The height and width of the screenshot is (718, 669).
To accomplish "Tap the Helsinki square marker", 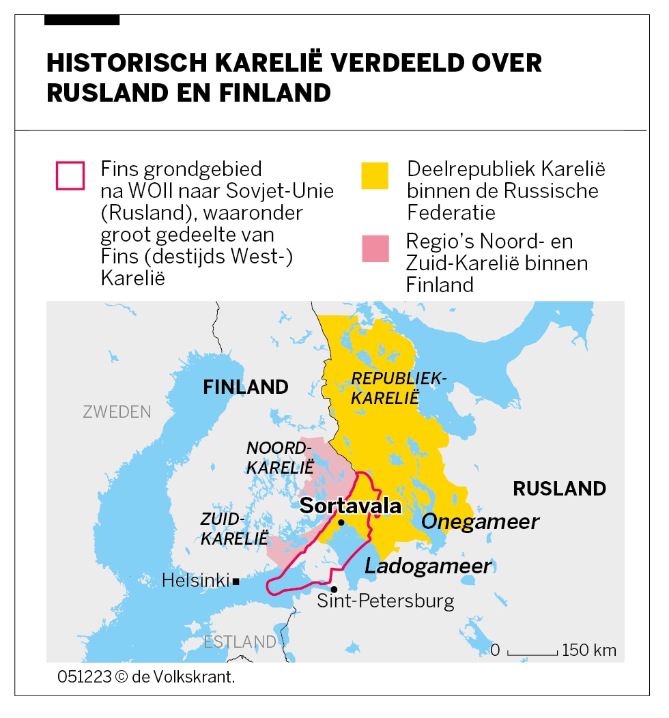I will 236,581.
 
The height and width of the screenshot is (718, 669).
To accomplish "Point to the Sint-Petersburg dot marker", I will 334,589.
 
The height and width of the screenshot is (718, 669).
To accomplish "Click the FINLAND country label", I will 246,387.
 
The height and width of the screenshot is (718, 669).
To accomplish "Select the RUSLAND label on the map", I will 559,489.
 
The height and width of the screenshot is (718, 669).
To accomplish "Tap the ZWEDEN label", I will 117,412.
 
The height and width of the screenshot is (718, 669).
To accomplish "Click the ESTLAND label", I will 240,642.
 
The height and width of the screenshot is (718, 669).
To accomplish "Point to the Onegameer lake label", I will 481,522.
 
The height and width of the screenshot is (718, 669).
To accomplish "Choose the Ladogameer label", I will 428,566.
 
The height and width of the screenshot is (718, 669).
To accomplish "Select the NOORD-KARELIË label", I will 279,458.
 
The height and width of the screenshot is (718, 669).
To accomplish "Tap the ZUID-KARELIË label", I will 234,528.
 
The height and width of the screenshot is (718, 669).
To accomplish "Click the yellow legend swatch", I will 375,175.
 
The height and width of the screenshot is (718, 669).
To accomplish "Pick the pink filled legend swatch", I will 375,248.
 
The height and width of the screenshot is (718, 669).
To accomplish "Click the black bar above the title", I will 82,20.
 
